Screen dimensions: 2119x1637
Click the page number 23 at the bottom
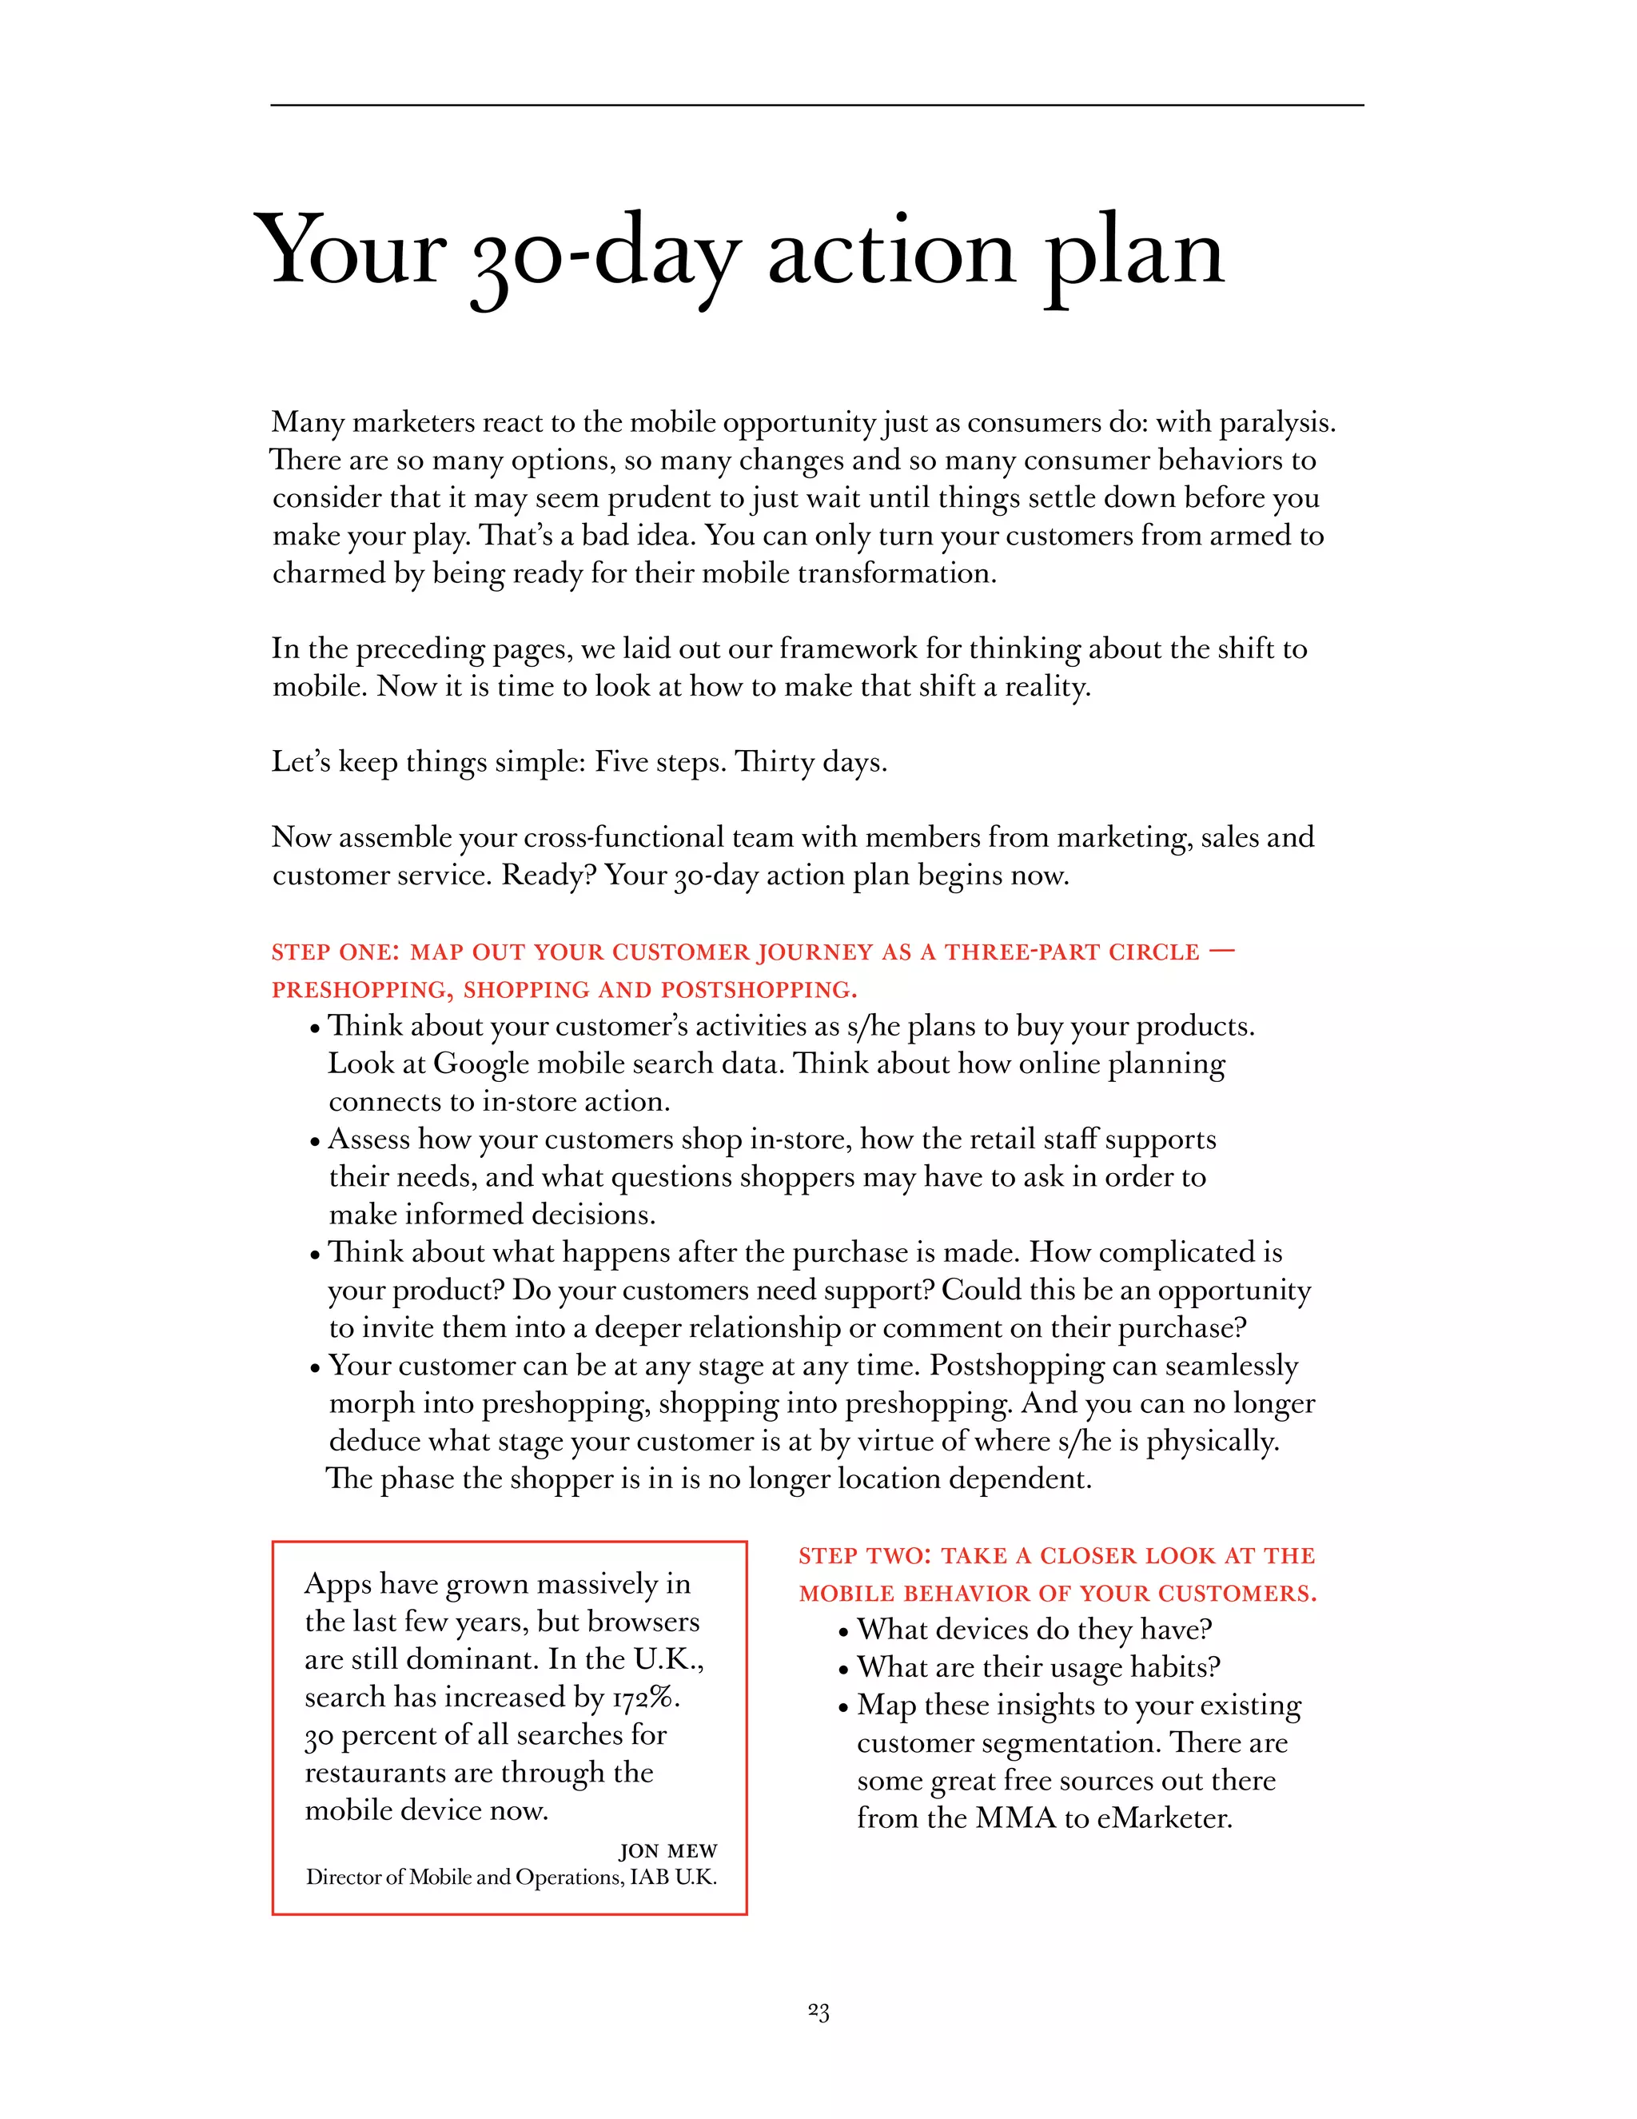818,2013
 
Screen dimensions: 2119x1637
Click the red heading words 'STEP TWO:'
864,1556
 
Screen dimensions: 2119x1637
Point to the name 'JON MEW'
668,1851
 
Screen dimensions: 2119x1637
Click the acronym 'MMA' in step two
1014,1818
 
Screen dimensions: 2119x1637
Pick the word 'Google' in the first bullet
480,1064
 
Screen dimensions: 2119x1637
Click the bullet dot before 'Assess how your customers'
315,1142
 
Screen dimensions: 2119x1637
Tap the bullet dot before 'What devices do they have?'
844,1633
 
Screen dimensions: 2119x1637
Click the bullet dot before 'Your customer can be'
315,1369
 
